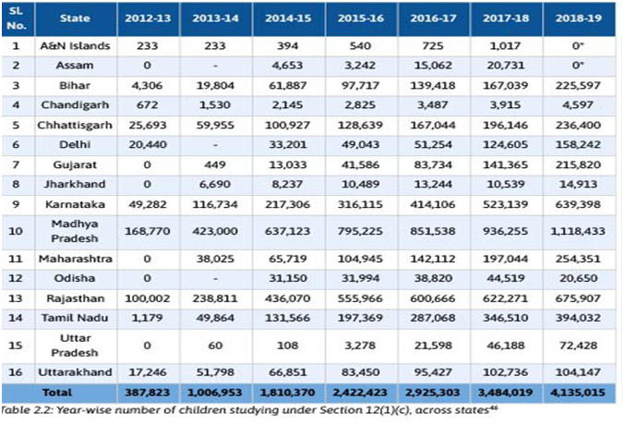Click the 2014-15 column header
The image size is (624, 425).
coord(288,18)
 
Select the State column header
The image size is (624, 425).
coord(75,18)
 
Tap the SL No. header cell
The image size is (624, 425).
coord(17,18)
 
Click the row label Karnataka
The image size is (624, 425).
coord(75,204)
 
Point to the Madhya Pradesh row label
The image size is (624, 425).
coord(75,231)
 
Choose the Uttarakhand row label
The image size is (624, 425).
coord(75,372)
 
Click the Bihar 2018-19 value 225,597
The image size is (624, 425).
coord(578,85)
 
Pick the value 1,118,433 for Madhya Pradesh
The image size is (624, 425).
coord(578,231)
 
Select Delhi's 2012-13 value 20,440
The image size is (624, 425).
coord(148,144)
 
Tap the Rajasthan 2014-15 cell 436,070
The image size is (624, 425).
coord(288,298)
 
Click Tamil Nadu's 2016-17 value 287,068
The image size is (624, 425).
coord(433,318)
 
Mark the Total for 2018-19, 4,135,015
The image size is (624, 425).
coord(578,393)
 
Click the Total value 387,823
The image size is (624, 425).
coord(148,393)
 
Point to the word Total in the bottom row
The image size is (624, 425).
coord(57,393)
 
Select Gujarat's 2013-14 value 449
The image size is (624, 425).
coord(215,164)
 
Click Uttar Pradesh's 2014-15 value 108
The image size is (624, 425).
coord(288,346)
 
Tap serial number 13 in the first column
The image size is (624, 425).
coord(16,298)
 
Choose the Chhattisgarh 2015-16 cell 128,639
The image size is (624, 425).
coord(360,125)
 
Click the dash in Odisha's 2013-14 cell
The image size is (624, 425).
coord(215,278)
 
